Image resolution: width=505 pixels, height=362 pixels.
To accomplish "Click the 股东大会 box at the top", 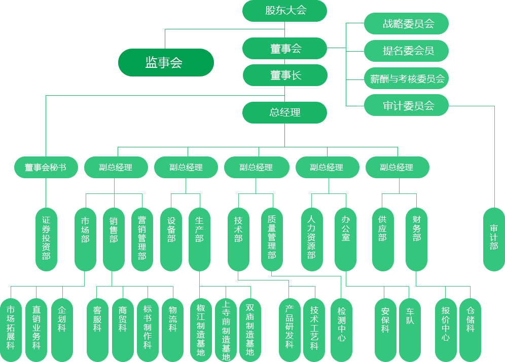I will point(285,11).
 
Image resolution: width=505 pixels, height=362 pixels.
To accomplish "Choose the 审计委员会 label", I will point(408,106).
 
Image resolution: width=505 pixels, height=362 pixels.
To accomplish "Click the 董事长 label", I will point(285,75).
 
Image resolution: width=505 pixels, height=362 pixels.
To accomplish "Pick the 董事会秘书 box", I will point(46,168).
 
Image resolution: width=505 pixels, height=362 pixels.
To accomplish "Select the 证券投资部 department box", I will point(46,238).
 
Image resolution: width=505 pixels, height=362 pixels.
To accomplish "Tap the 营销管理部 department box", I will point(142,238).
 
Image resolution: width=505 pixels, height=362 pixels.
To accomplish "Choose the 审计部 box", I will point(493,238).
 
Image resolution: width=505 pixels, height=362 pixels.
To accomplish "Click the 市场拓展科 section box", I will point(11,328).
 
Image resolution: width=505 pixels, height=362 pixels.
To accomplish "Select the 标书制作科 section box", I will point(148,328).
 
